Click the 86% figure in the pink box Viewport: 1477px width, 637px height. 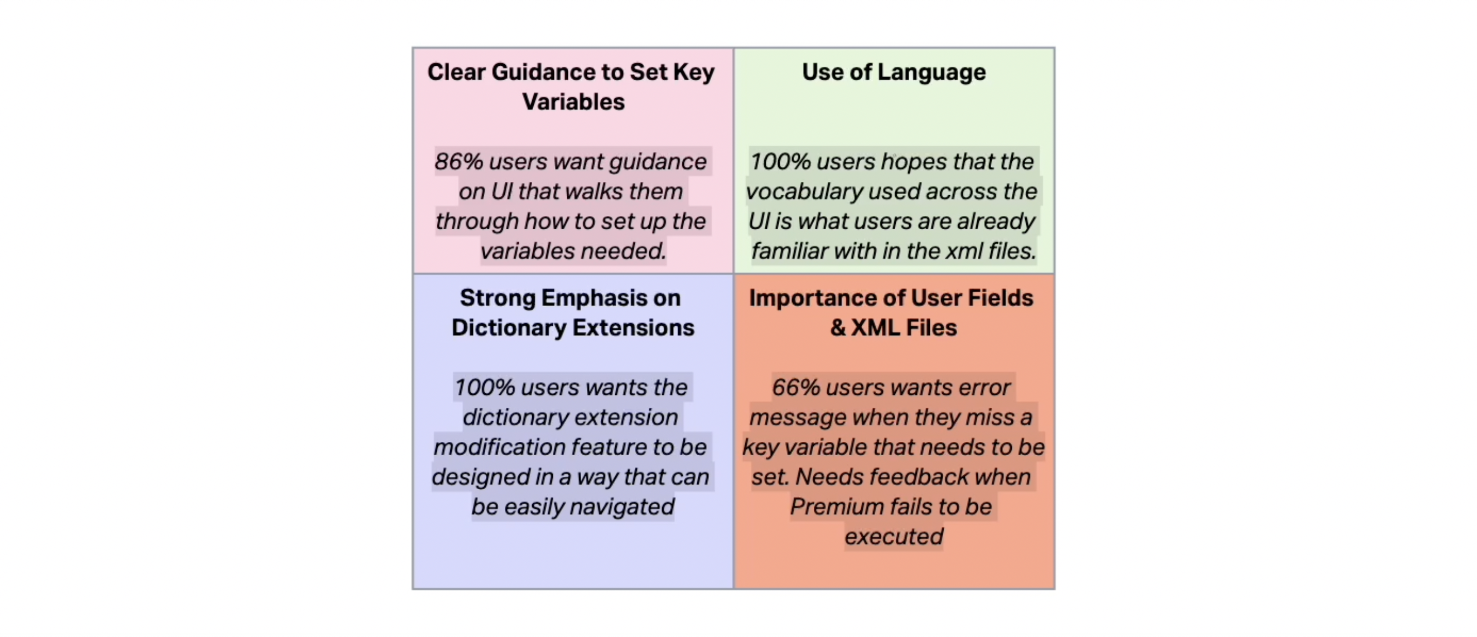tap(458, 162)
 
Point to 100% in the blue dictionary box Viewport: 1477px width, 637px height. tap(485, 388)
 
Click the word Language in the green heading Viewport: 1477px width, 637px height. tap(931, 73)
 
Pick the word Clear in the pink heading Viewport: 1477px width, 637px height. tap(456, 73)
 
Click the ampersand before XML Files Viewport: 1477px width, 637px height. tap(838, 328)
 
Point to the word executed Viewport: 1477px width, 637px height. tap(894, 537)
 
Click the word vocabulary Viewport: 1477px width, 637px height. tap(804, 192)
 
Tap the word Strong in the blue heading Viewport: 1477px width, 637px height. tap(498, 299)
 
